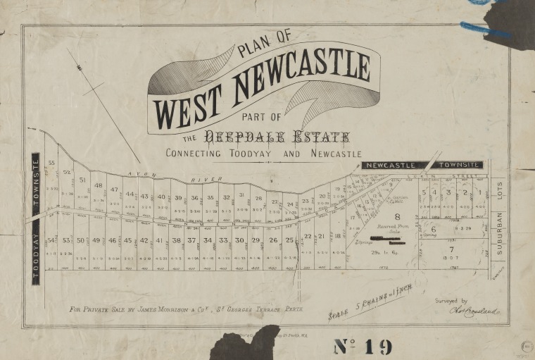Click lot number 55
point(51,163)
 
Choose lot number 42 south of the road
point(144,240)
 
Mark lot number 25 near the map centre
point(289,240)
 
